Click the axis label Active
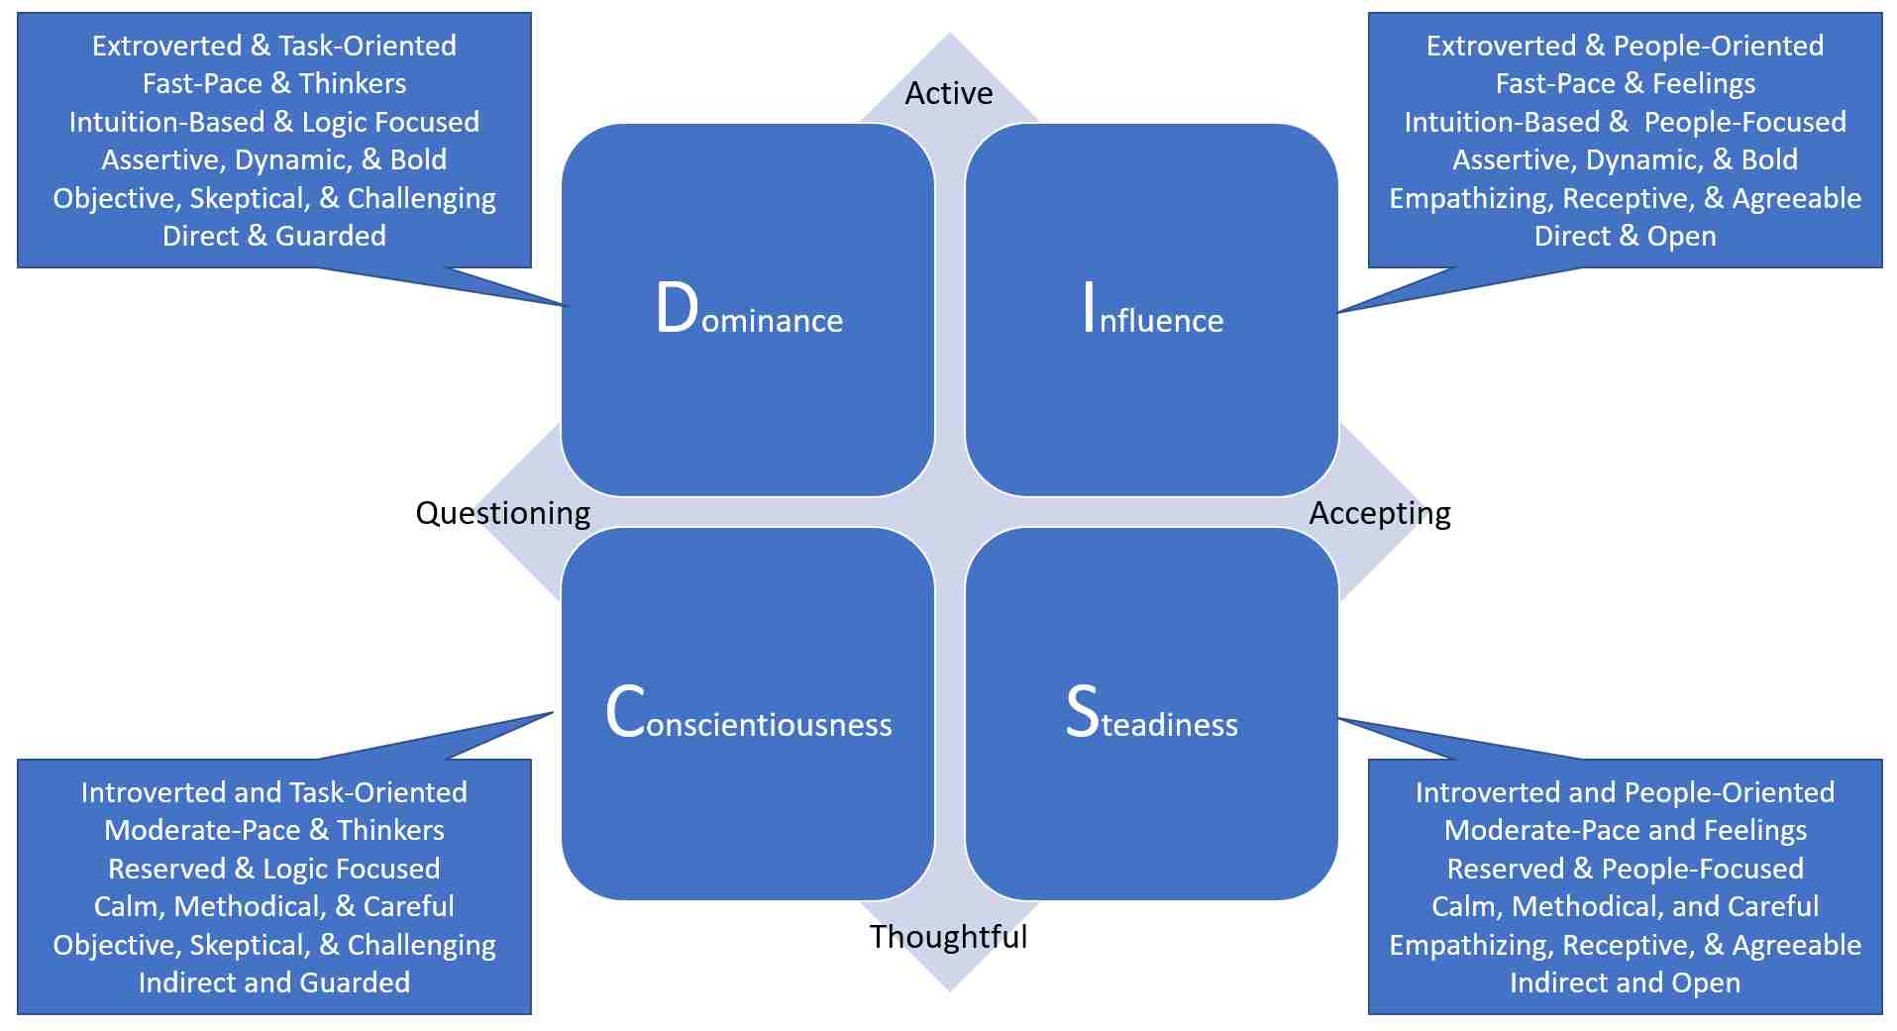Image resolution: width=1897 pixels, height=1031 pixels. [x=948, y=93]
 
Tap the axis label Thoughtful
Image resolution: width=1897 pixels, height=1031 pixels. [x=948, y=936]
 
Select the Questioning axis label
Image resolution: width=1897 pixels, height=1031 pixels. [x=502, y=513]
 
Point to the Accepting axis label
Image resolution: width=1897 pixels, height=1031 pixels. [x=1379, y=513]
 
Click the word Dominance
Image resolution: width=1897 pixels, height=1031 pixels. [x=749, y=311]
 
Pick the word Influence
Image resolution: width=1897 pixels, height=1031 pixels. [x=1152, y=311]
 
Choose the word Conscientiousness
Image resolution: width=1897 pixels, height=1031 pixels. [x=749, y=714]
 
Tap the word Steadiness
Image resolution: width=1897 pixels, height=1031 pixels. [x=1151, y=714]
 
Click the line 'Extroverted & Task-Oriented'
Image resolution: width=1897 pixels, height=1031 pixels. [x=274, y=46]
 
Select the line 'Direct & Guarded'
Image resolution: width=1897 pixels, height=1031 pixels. [x=274, y=236]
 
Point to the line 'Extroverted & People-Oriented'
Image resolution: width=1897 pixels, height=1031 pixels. [x=1625, y=46]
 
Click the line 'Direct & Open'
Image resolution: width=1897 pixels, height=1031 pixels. [x=1625, y=236]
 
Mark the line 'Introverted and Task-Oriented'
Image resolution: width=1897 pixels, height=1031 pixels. [x=274, y=792]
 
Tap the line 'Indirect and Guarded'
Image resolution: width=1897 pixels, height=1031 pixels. [x=274, y=982]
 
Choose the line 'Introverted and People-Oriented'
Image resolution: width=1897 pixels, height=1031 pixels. [x=1625, y=792]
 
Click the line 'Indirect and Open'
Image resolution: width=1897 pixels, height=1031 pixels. [x=1625, y=982]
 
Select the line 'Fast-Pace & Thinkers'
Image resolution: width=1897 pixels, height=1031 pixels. [x=274, y=83]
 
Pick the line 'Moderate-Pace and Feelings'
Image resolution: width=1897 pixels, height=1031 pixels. [x=1625, y=830]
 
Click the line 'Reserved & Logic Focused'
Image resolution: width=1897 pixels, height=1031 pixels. [x=274, y=869]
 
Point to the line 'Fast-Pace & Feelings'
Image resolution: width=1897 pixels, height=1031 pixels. [x=1625, y=83]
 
